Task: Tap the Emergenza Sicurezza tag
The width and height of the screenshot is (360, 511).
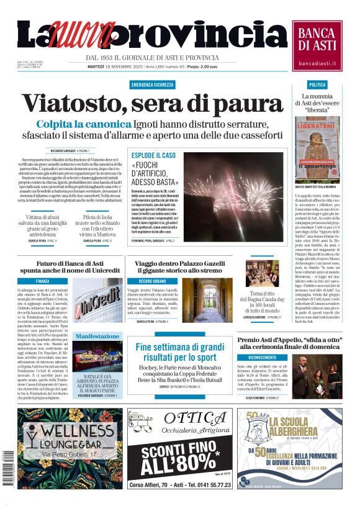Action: pos(152,84)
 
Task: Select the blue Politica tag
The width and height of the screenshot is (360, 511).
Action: pos(317,84)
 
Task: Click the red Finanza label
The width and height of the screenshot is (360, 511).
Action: pos(43,281)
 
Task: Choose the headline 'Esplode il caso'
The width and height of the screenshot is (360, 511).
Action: pos(153,155)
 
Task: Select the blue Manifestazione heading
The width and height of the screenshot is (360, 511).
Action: pos(97,336)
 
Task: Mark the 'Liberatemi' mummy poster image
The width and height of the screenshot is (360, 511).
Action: pos(317,147)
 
